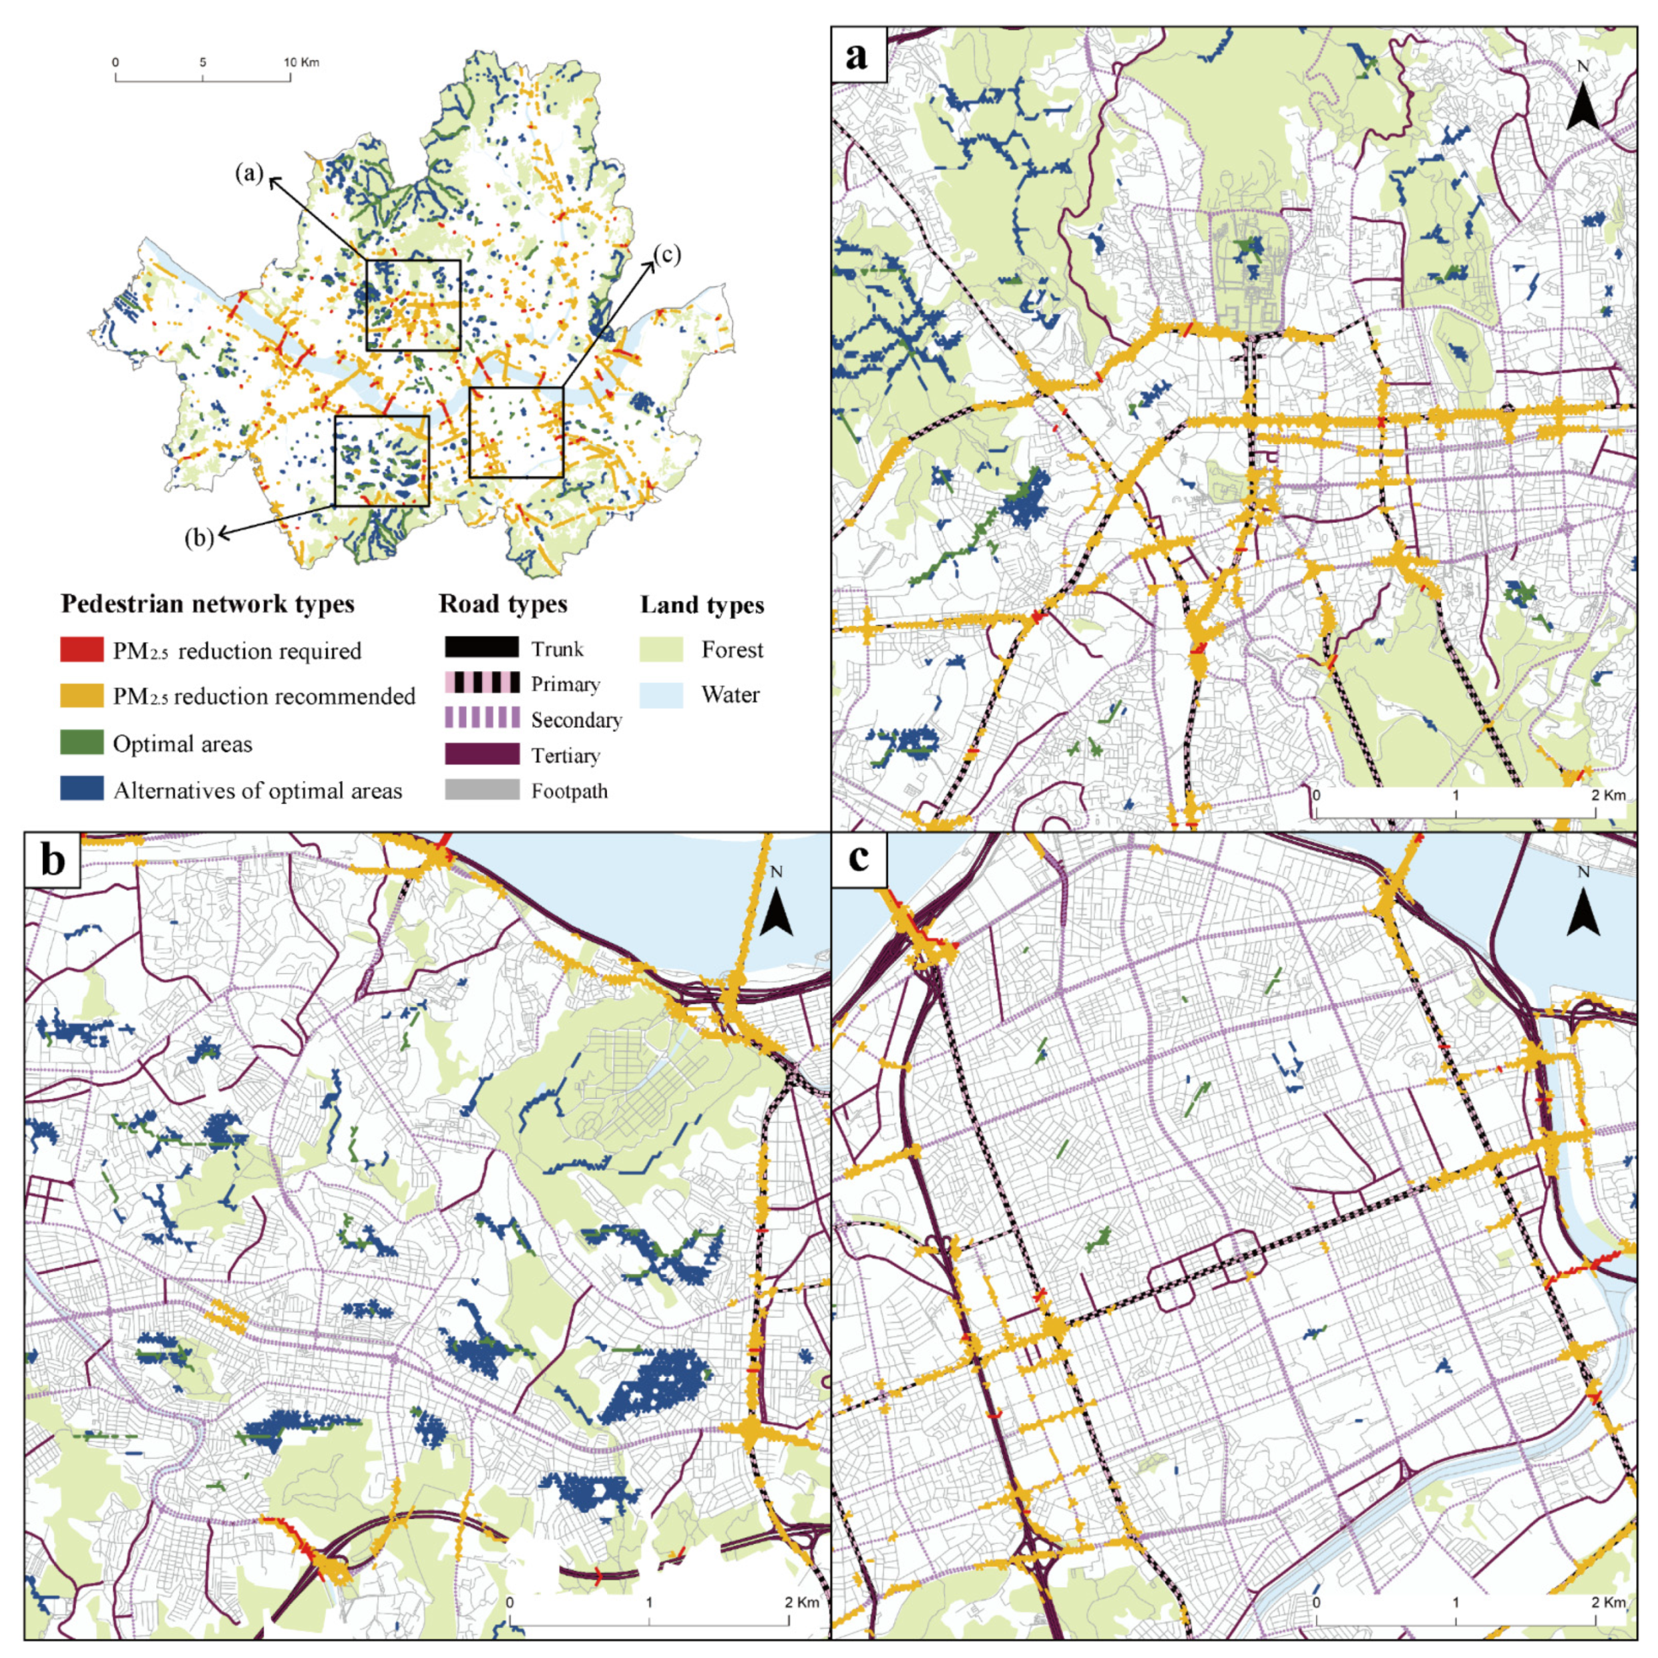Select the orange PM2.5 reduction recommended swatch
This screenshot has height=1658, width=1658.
[x=81, y=695]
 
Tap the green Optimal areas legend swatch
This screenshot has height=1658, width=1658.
[x=81, y=743]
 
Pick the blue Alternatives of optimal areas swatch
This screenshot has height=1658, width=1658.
[x=81, y=789]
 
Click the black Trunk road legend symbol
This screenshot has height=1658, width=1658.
[x=481, y=647]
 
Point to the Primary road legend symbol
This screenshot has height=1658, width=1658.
[x=481, y=683]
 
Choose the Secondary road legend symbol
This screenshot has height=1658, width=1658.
[x=481, y=718]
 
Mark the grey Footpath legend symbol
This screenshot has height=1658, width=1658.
[x=481, y=789]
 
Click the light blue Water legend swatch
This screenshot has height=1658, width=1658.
[x=661, y=694]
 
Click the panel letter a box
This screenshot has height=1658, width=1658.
[x=858, y=54]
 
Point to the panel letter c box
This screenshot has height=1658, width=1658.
[x=858, y=859]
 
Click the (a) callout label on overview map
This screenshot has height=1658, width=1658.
[x=249, y=174]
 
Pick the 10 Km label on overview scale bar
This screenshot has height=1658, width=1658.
[x=301, y=63]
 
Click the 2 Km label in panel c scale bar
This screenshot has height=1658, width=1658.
[x=1608, y=1601]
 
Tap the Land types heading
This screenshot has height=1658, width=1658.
[x=701, y=604]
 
